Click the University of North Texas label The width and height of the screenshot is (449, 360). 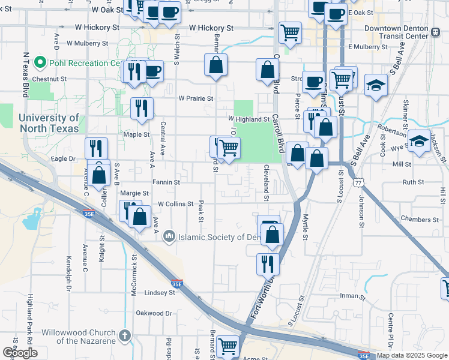[x=48, y=124]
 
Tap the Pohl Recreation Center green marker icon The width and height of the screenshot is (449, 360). [x=41, y=62]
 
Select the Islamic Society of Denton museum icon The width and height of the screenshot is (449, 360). [x=169, y=237]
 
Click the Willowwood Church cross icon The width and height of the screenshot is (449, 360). [x=125, y=335]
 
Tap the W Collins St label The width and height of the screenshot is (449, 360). [x=175, y=204]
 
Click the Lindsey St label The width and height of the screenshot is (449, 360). [x=160, y=293]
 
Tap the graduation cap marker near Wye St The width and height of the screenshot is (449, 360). [x=420, y=142]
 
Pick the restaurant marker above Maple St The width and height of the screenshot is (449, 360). [x=142, y=108]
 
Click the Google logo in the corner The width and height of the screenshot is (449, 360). [x=20, y=353]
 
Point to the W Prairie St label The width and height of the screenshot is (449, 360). [x=196, y=98]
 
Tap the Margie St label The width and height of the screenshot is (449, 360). [x=134, y=193]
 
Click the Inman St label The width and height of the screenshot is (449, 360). [x=370, y=296]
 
